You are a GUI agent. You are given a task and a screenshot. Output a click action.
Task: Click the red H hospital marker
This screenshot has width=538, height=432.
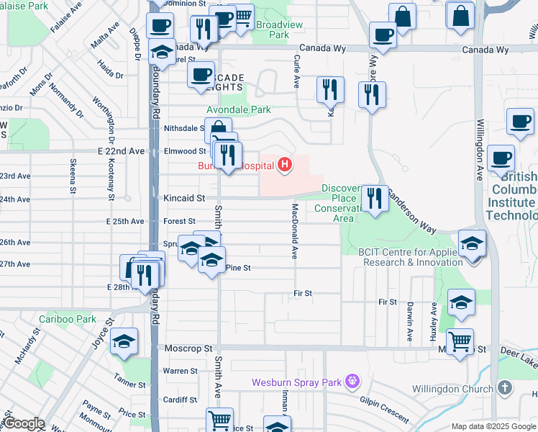click(286, 166)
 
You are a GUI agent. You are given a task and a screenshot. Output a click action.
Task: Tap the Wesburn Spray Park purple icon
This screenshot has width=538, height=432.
click(352, 380)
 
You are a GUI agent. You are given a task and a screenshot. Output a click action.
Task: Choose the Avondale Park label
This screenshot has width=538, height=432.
click(239, 110)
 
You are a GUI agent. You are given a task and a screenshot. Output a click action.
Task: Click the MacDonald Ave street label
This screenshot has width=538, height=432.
click(294, 230)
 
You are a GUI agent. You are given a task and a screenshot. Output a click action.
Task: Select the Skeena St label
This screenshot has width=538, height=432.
click(73, 176)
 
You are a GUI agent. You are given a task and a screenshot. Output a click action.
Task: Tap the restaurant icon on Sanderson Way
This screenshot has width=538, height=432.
click(374, 197)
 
